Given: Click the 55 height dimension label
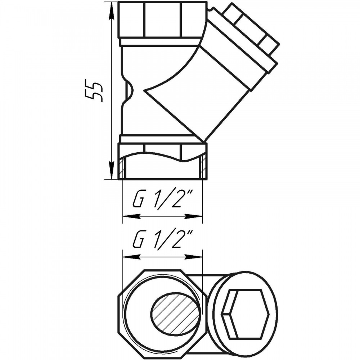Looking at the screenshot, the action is (93, 91).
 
